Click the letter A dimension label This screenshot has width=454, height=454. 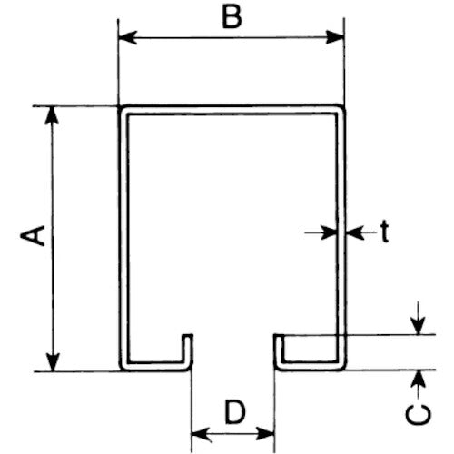pos(33,235)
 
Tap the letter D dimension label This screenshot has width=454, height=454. pos(235,411)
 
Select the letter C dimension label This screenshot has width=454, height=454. pos(419,415)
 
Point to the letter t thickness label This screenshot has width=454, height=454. pos(384,232)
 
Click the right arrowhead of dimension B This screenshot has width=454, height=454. pos(335,37)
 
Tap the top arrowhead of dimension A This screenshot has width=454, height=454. pos(52,115)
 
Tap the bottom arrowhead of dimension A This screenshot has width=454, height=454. pos(53,361)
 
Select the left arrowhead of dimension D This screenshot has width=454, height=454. pos(201,435)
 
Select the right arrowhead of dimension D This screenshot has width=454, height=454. pos(265,434)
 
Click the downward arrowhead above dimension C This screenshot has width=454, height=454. pos(418,325)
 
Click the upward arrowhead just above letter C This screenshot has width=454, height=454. pos(419,379)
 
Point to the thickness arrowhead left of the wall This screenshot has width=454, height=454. pos(329,232)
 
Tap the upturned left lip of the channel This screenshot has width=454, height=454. pos(188,351)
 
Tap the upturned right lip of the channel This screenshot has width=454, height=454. pos(279,351)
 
